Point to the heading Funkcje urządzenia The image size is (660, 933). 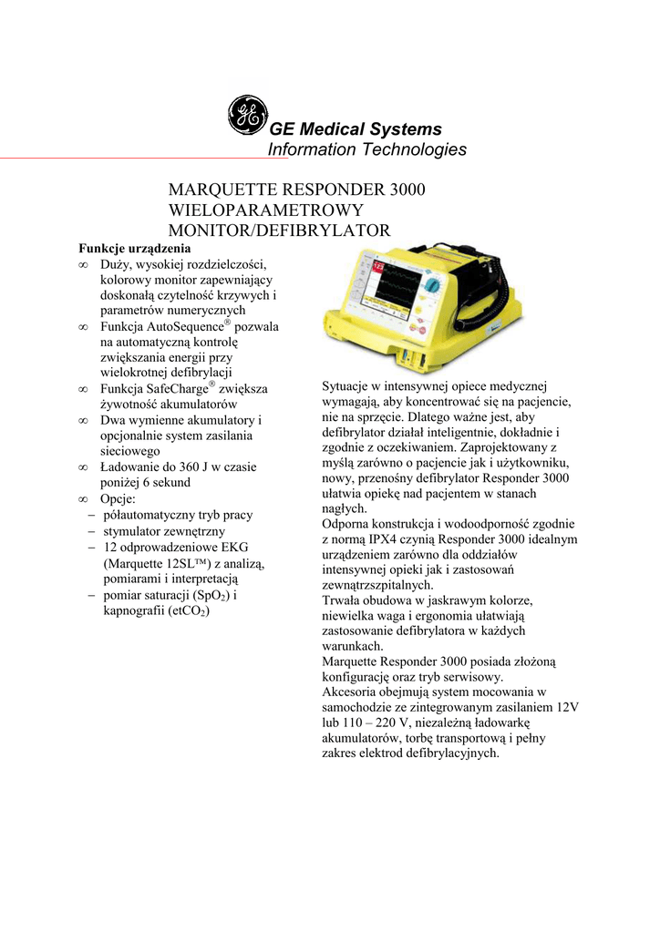point(134,248)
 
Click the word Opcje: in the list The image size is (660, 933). point(118,499)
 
